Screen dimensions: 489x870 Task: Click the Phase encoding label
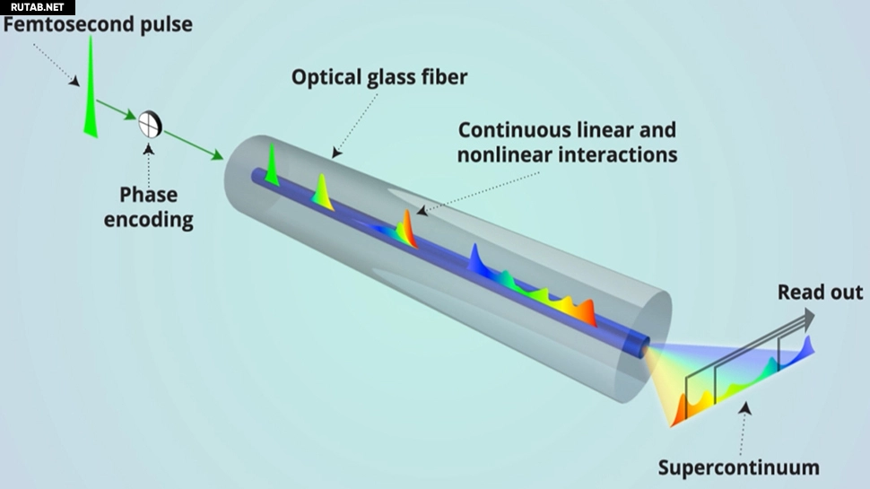(149, 207)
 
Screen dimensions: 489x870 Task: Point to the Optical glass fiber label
(379, 76)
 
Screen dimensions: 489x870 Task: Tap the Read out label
(820, 292)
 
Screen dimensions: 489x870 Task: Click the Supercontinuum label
(738, 467)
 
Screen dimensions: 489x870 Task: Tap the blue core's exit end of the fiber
(639, 345)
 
